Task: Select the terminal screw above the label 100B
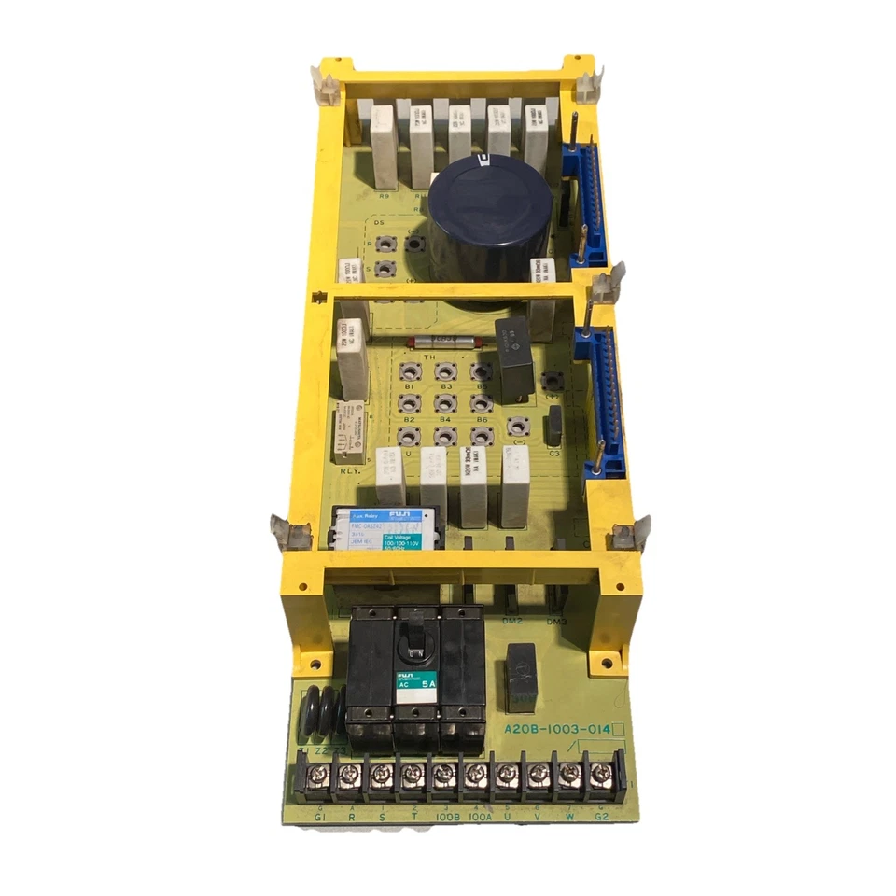[444, 774]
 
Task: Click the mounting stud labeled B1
[408, 371]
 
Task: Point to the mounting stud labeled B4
[443, 435]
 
